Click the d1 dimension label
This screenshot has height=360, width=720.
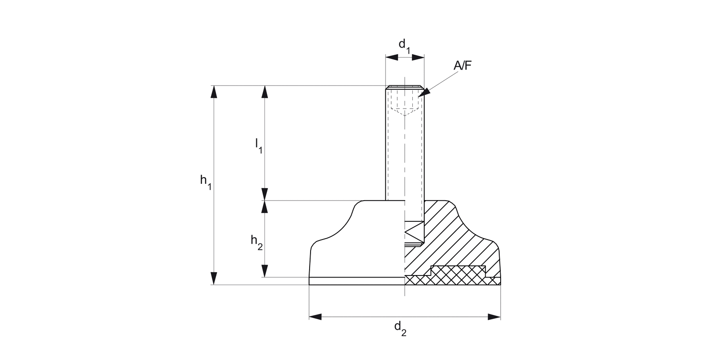coord(405,46)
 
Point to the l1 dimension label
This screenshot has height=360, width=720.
coord(258,145)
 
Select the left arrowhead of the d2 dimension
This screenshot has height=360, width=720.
coord(315,317)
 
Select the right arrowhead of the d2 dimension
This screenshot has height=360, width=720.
coord(494,317)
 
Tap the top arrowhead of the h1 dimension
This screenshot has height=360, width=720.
coord(214,92)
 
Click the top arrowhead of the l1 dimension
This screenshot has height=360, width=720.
coord(264,92)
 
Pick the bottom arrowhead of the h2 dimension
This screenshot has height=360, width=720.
coord(264,271)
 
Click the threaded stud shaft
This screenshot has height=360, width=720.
coord(405,154)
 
